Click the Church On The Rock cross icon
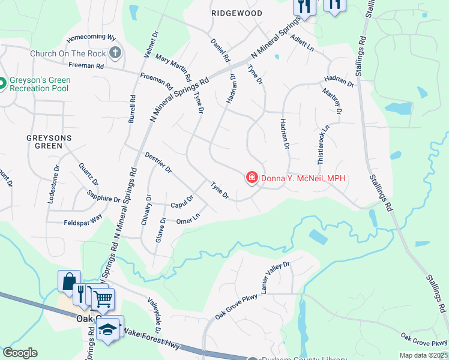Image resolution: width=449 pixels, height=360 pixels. (x=116, y=53)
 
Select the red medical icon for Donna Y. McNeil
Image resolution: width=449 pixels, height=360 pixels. (x=252, y=178)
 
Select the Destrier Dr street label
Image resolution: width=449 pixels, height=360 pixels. (x=158, y=163)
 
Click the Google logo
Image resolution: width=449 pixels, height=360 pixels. (x=20, y=353)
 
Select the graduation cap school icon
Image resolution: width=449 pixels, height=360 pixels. (x=109, y=328)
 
